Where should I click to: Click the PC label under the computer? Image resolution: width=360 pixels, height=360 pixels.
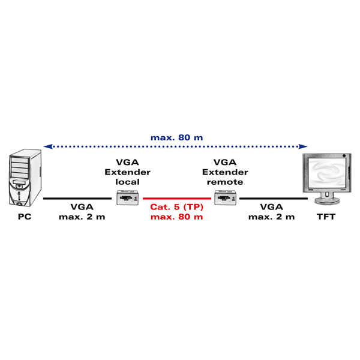(x=25, y=217)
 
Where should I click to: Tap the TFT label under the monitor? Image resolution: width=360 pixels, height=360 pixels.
(x=326, y=217)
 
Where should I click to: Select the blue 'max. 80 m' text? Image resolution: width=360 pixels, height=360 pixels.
(x=177, y=137)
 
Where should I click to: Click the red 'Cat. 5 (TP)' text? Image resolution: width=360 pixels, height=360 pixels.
(x=177, y=207)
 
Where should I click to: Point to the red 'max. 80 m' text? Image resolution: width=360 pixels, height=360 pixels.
(x=177, y=217)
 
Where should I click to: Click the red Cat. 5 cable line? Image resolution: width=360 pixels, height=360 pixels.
(x=177, y=199)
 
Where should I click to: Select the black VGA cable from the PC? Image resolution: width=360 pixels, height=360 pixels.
(x=77, y=199)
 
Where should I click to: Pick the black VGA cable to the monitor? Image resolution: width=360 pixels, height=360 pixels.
(x=274, y=199)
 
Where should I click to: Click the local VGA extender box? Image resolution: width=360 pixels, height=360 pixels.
(x=127, y=197)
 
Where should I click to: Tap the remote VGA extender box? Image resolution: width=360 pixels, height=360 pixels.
(x=226, y=197)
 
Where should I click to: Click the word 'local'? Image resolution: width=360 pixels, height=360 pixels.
(x=127, y=182)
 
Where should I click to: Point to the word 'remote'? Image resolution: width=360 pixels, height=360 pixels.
(x=225, y=182)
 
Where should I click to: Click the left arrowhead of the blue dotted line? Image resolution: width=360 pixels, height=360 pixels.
(x=48, y=146)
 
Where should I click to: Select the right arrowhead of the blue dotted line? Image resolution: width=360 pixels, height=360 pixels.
(x=303, y=146)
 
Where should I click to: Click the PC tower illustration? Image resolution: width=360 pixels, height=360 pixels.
(x=25, y=178)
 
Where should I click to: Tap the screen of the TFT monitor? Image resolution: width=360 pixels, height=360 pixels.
(x=327, y=172)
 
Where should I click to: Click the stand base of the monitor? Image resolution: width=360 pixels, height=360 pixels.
(x=327, y=201)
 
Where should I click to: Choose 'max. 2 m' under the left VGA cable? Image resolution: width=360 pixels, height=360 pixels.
(x=82, y=217)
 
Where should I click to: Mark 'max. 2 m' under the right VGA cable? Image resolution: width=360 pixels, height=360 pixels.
(x=271, y=217)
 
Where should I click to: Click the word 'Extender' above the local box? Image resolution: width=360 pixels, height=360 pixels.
(x=127, y=172)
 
